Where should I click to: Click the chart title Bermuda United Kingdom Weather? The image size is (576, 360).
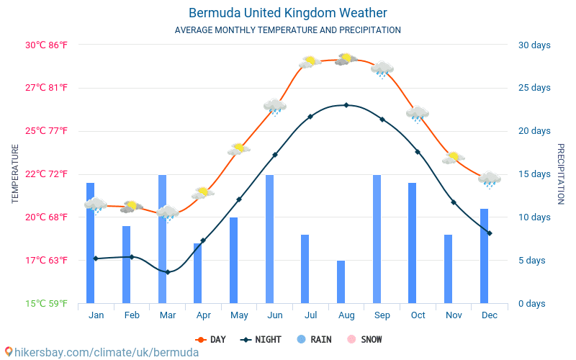[288, 13]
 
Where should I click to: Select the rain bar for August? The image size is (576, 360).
[341, 282]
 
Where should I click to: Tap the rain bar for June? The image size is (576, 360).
[269, 239]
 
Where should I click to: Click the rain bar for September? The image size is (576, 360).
[377, 239]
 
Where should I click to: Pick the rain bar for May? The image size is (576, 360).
[233, 260]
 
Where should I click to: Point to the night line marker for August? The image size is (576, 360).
[346, 105]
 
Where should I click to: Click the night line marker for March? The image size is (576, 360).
[167, 272]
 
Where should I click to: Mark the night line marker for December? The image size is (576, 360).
[490, 233]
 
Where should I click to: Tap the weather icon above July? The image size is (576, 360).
[310, 62]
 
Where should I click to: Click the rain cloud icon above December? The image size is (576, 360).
[490, 179]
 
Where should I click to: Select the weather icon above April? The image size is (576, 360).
[203, 193]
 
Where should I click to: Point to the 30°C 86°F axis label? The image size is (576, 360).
[47, 45]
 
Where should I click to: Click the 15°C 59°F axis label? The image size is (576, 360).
[47, 303]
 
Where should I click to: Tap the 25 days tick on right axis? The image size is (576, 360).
[534, 88]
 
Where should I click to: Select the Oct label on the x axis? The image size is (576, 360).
[418, 315]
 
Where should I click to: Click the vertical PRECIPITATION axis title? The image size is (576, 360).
[561, 174]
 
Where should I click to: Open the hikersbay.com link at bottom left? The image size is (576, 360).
[101, 352]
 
